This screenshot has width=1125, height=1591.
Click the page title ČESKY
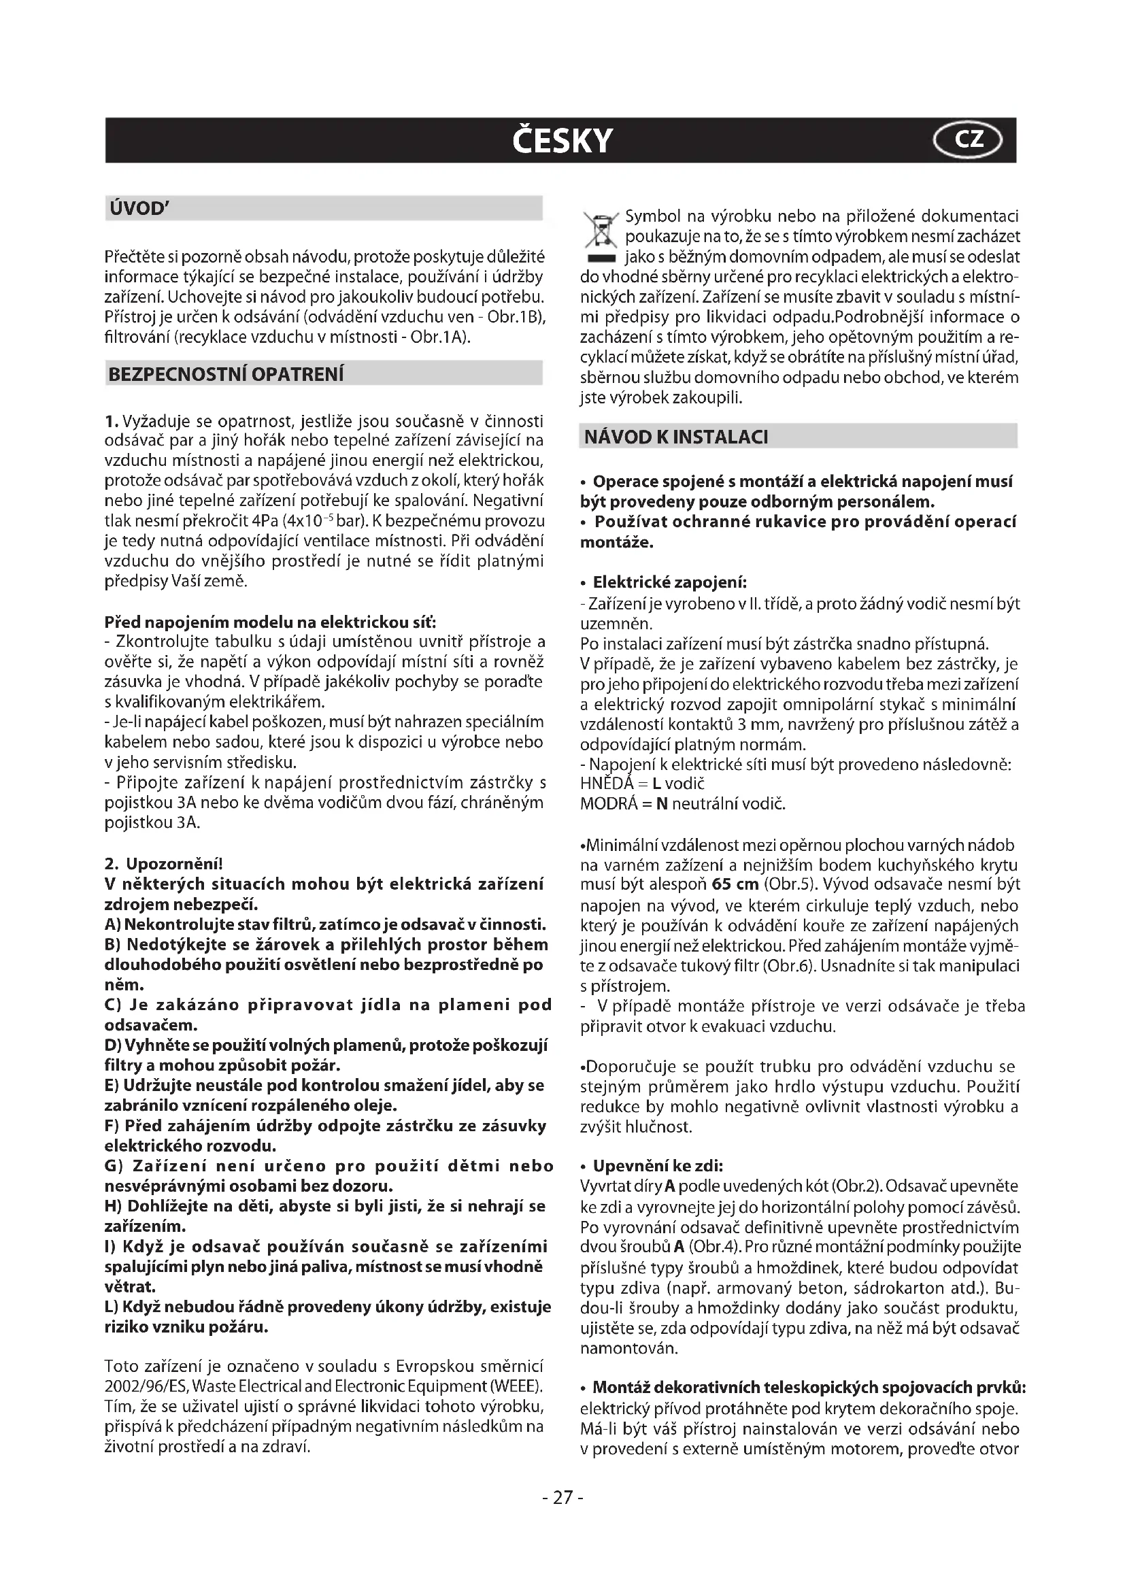tap(562, 141)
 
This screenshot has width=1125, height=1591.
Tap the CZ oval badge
tap(968, 140)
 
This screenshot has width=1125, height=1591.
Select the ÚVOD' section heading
tap(136, 209)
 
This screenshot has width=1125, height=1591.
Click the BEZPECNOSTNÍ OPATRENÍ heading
tap(226, 374)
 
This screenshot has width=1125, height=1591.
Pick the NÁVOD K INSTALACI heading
tap(676, 437)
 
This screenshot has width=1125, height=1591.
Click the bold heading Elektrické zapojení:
tap(669, 582)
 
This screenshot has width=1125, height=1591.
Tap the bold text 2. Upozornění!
tap(163, 864)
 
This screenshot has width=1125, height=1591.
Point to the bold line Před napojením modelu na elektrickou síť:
tap(270, 622)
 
